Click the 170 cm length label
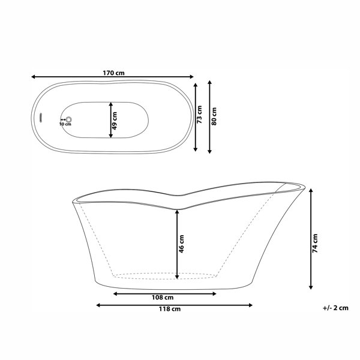(x=113, y=73)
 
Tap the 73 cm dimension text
(x=200, y=115)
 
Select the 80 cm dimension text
(x=214, y=116)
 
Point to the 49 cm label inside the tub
(x=115, y=121)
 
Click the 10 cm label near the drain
(x=65, y=124)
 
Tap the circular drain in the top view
(x=68, y=119)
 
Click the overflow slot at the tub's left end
(x=41, y=118)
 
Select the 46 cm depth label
(x=181, y=244)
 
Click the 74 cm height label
(x=315, y=244)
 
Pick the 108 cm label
(x=163, y=298)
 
